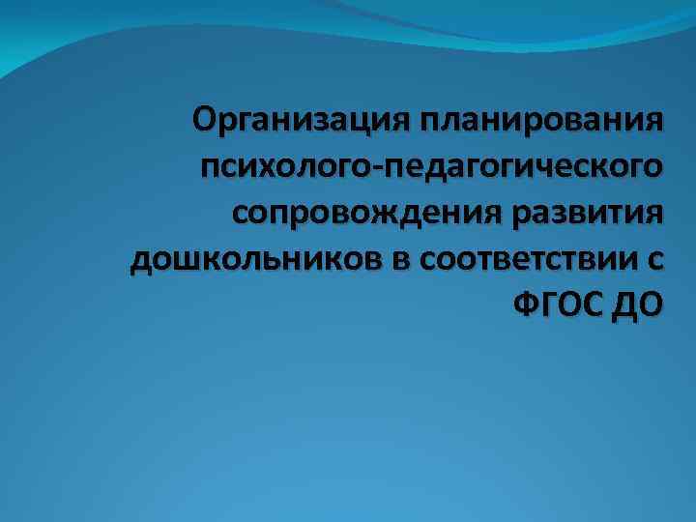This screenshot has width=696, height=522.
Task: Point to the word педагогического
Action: pos(524,169)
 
